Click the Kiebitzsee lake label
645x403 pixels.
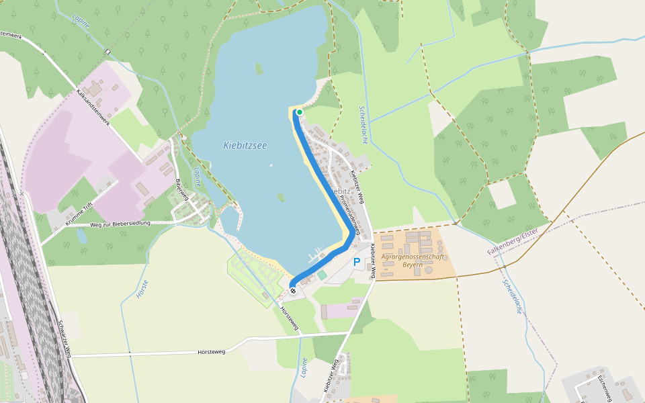245,145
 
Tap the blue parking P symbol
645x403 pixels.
357,263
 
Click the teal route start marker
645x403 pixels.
299,112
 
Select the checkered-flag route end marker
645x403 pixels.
293,289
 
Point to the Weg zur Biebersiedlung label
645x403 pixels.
120,224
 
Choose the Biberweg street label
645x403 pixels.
179,191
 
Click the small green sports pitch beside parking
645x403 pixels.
322,275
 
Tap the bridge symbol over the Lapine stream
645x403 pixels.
107,52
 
